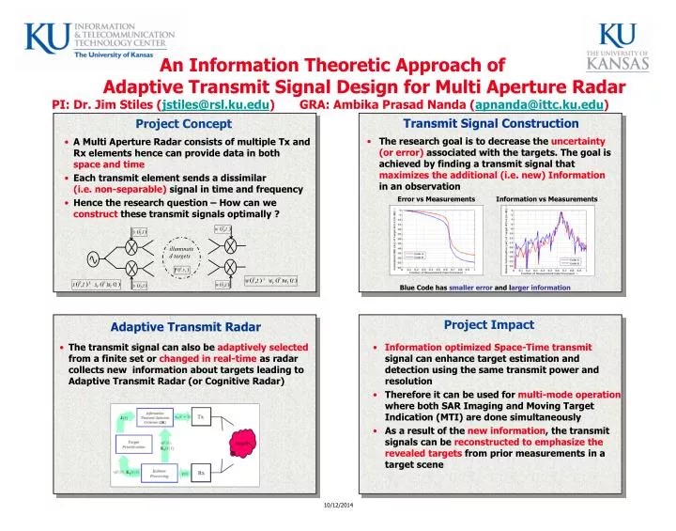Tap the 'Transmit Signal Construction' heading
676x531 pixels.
490,123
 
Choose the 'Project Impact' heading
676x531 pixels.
489,325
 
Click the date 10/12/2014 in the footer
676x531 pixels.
339,508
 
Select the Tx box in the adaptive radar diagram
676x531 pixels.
200,416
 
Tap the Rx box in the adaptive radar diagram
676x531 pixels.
200,473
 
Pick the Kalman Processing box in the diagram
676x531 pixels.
159,474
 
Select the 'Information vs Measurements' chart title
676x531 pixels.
545,199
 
